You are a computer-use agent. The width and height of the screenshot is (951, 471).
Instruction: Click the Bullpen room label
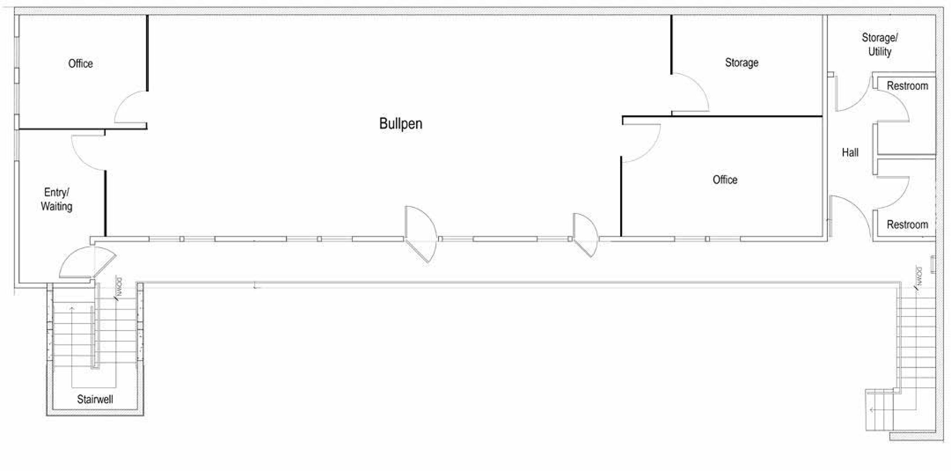[x=401, y=124]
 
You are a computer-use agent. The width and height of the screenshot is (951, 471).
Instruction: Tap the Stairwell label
[x=95, y=399]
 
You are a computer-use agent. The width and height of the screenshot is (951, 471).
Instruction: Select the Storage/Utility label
[x=880, y=44]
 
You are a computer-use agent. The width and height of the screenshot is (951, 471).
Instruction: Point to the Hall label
[x=850, y=152]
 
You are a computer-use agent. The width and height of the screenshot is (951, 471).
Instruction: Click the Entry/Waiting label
[x=56, y=199]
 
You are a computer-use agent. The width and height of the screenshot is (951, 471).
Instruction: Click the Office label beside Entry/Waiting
[x=81, y=63]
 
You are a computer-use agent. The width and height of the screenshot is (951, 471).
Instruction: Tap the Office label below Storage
[x=725, y=180]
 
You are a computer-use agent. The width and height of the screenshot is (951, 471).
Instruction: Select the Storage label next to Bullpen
[x=742, y=63]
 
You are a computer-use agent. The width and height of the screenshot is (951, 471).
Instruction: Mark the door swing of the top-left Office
[x=131, y=107]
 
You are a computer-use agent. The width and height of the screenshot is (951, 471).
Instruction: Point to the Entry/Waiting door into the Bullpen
[x=88, y=153]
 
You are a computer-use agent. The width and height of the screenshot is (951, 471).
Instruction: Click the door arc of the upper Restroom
[x=893, y=106]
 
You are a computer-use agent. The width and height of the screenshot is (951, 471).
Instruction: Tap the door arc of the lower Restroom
[x=893, y=193]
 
